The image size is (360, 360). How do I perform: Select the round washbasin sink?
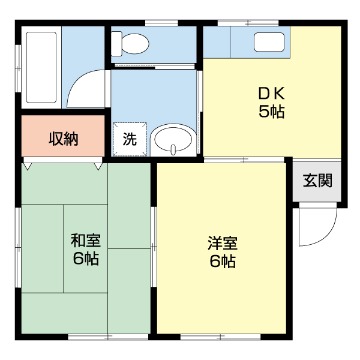(173, 140)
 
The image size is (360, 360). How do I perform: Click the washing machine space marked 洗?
(130, 139)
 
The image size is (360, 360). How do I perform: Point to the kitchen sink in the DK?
(269, 42)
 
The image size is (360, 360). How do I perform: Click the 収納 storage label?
(63, 139)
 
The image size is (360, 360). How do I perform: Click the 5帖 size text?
(271, 112)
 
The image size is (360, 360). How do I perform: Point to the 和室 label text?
(85, 241)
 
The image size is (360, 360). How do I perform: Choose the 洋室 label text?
(222, 243)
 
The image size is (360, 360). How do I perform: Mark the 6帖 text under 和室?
(85, 259)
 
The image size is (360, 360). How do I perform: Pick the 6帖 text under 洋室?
(222, 262)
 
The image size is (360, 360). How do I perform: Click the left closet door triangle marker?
(28, 163)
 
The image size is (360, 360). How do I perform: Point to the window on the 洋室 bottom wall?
(207, 337)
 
